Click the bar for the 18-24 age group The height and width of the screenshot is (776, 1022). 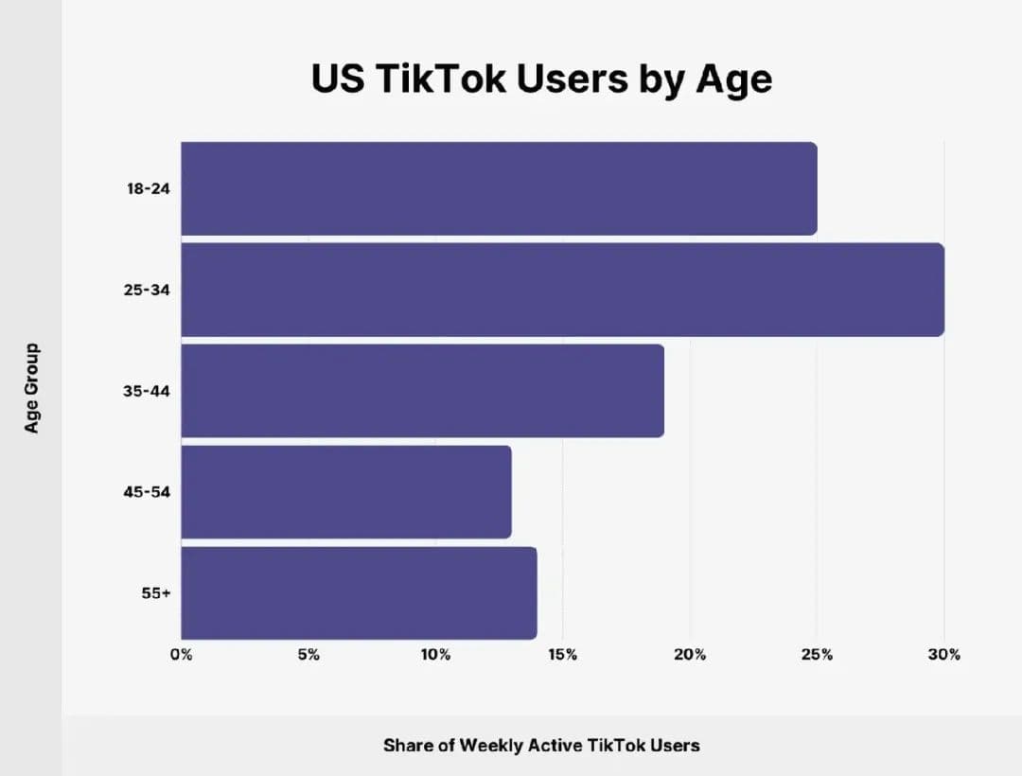coord(499,188)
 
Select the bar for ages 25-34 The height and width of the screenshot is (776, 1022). coord(562,290)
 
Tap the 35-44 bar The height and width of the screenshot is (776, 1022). coord(422,391)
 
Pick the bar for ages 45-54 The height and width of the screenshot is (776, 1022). coord(345,492)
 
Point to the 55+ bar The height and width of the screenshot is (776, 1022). coord(359,593)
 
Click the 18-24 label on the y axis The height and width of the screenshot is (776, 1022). coord(149,188)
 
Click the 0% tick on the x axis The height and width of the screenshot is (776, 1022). coord(181,655)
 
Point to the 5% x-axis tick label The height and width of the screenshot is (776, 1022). coord(308,655)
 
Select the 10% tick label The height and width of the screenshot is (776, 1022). coord(435,655)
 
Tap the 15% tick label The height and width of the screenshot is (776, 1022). coord(563,655)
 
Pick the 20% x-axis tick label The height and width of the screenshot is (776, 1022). coord(690,655)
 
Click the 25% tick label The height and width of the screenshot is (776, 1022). coord(817,655)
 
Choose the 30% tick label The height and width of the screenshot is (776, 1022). coord(944,655)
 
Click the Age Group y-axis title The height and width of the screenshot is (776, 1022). coord(32,389)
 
